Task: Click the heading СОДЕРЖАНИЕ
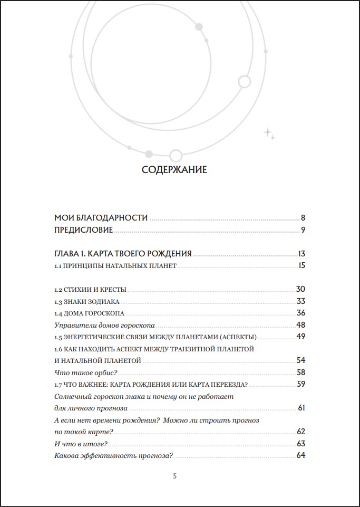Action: tap(174, 170)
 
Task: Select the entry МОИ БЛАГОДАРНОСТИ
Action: tap(101, 217)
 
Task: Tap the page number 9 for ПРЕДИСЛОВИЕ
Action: tap(304, 229)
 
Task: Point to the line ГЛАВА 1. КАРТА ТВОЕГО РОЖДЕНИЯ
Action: tap(123, 253)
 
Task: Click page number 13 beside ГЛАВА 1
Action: tap(301, 253)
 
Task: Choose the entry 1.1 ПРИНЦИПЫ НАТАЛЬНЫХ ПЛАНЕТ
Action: tap(115, 265)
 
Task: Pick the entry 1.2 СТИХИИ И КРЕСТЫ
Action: tap(90, 290)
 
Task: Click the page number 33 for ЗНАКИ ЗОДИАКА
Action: tap(301, 301)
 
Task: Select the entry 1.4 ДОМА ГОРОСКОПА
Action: tap(89, 313)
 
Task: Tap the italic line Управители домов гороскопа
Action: tap(104, 326)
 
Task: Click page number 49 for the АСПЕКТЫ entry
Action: tap(301, 337)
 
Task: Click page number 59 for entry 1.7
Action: tap(301, 384)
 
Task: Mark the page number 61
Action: tap(302, 408)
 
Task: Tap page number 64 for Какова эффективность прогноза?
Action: tap(301, 455)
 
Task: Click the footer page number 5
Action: tap(174, 476)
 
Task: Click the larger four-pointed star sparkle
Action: tap(267, 131)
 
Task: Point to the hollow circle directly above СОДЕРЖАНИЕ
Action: tap(176, 155)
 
